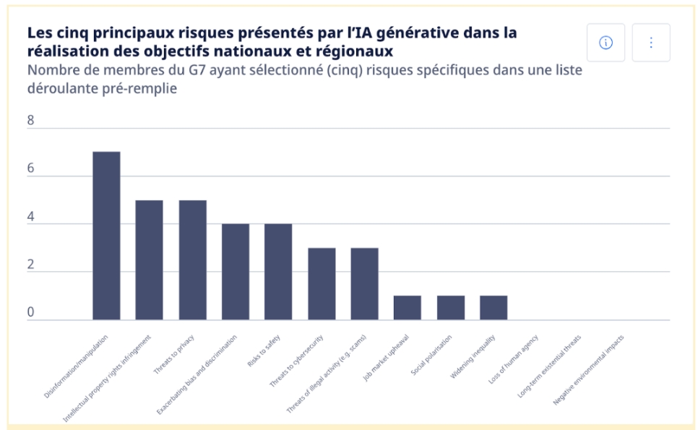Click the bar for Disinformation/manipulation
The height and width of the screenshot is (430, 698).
point(106,236)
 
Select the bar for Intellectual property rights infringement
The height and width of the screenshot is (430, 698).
point(150,259)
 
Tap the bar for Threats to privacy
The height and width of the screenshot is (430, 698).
point(192,259)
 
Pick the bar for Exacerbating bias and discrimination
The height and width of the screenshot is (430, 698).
point(236,272)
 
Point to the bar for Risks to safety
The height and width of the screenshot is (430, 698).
point(278,272)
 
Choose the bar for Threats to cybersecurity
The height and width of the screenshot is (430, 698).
point(322,283)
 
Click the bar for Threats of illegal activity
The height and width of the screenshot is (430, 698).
point(364,283)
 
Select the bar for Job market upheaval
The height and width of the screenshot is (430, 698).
point(408,307)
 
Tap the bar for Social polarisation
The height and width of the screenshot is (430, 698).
point(450,307)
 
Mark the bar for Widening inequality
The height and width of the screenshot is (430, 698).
point(494,307)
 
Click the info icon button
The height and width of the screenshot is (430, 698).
point(606,43)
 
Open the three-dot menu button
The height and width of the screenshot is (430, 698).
point(650,43)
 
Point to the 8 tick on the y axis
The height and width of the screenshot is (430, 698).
point(31,121)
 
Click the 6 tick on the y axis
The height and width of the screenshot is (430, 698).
point(31,168)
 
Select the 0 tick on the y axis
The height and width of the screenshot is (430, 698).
point(31,312)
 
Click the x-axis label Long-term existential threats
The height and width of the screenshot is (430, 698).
point(551,366)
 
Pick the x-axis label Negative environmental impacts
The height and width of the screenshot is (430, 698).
point(589,369)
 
